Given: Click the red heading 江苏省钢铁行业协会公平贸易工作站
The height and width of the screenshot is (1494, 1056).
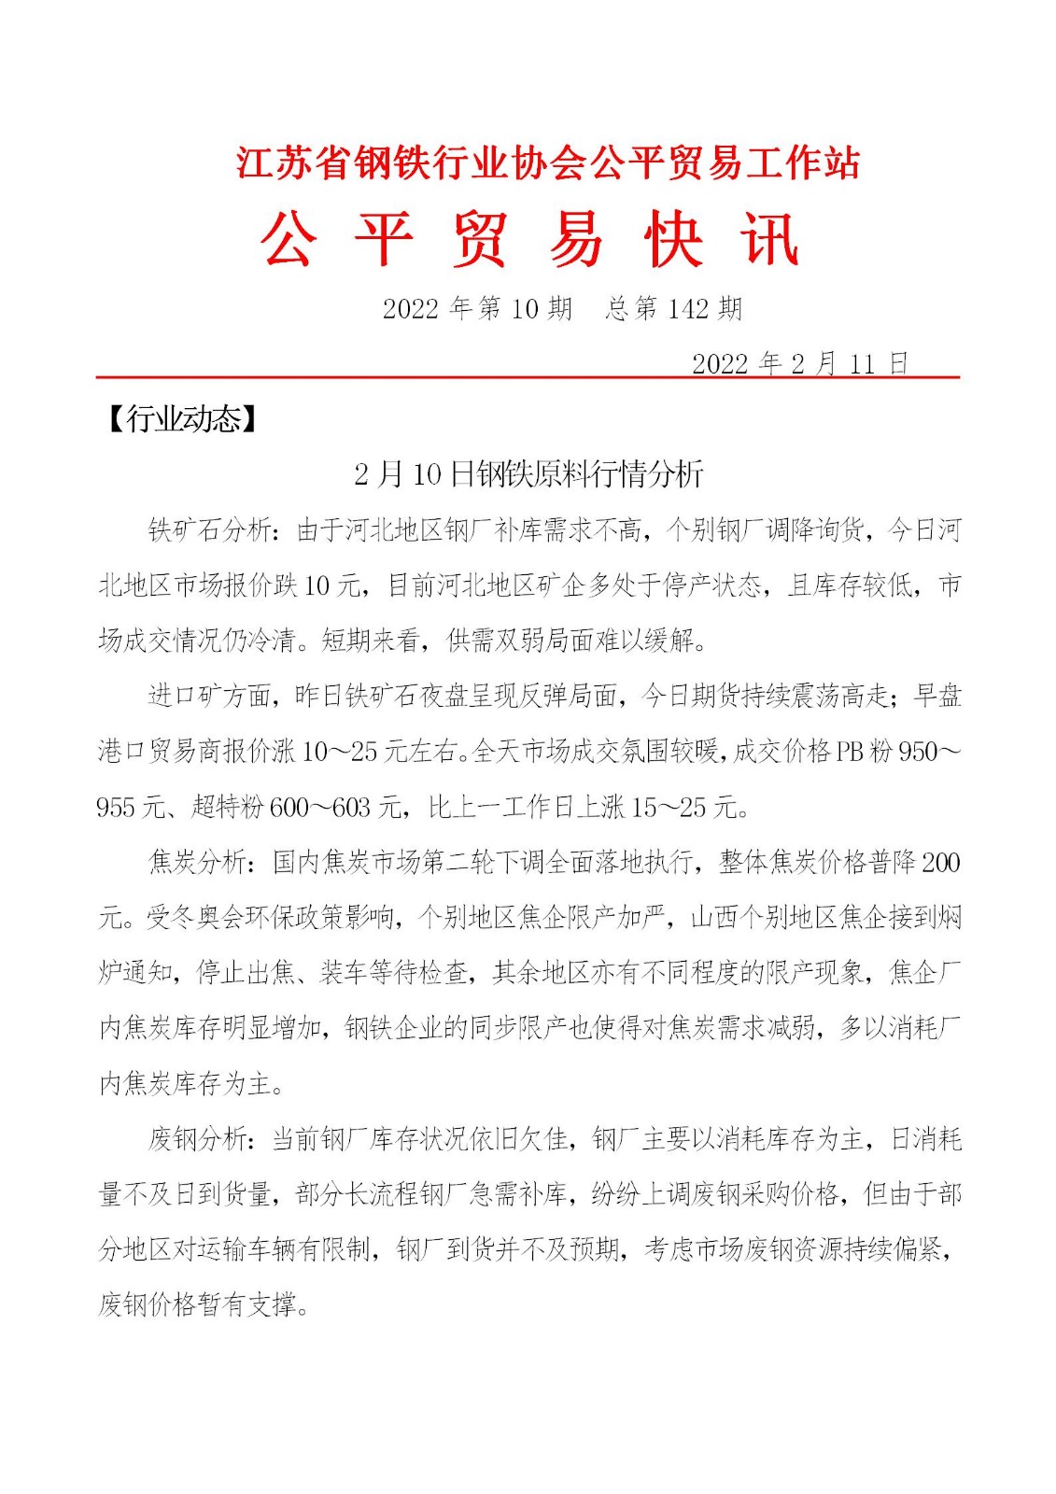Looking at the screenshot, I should [x=547, y=163].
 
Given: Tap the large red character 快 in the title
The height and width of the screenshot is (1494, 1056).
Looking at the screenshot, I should [x=673, y=240].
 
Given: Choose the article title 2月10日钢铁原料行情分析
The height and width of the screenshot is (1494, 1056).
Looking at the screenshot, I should [x=528, y=474].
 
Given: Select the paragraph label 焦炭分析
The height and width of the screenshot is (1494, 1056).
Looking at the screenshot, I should [x=197, y=862].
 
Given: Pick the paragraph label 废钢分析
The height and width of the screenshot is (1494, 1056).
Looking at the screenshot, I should [x=197, y=1139].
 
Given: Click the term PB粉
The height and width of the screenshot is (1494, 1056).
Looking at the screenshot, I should [x=863, y=752].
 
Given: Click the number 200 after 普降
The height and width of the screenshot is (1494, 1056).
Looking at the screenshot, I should [x=940, y=862].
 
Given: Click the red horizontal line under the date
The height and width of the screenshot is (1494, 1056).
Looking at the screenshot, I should [x=528, y=377].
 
